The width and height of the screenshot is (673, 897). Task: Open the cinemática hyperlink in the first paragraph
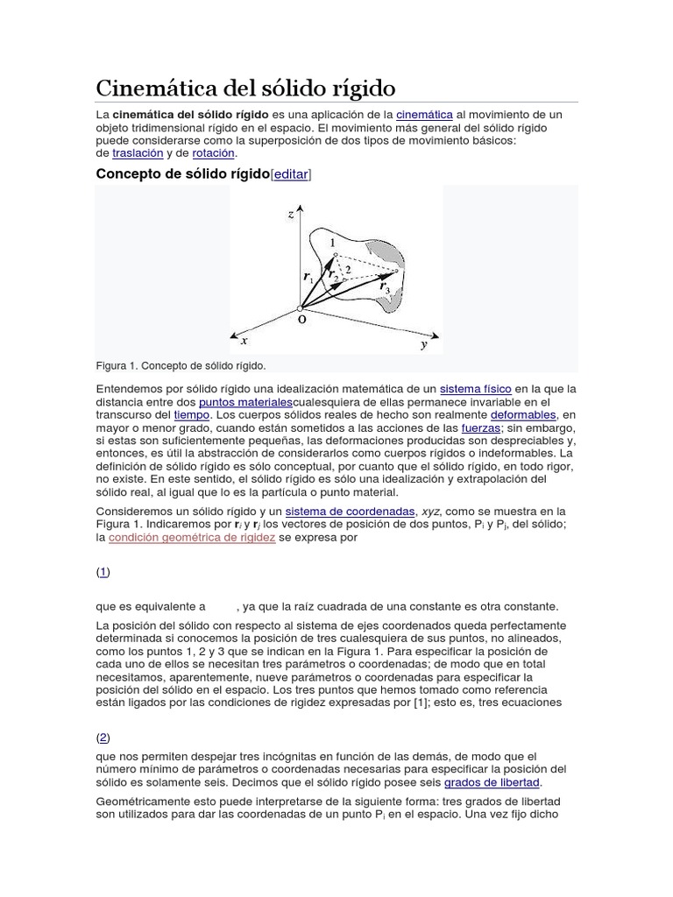click(424, 115)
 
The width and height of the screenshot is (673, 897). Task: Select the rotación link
click(214, 152)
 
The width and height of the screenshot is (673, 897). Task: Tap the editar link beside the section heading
click(291, 174)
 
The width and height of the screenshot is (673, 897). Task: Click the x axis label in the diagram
click(244, 341)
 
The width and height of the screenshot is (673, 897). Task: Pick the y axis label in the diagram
click(424, 345)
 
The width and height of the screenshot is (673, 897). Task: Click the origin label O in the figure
click(301, 321)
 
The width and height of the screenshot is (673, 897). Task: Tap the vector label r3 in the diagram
click(385, 286)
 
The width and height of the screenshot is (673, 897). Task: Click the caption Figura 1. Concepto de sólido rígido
click(181, 365)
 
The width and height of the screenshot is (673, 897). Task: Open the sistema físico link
click(476, 389)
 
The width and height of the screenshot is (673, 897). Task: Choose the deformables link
click(522, 414)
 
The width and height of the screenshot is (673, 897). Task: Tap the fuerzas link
click(480, 427)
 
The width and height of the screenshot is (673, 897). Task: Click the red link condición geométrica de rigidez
click(192, 538)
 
